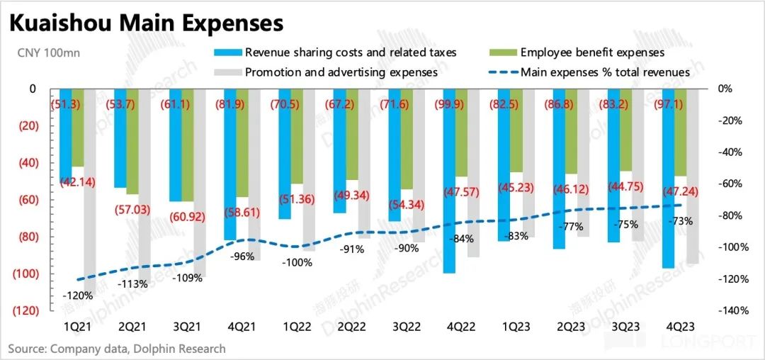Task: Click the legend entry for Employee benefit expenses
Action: [x=592, y=52]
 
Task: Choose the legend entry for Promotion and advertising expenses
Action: [x=341, y=72]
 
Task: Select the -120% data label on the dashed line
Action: [x=77, y=296]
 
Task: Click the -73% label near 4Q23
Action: [x=680, y=222]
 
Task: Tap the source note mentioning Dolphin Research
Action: [x=117, y=349]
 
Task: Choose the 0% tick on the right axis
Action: [x=728, y=89]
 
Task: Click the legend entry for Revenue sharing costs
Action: [x=351, y=52]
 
